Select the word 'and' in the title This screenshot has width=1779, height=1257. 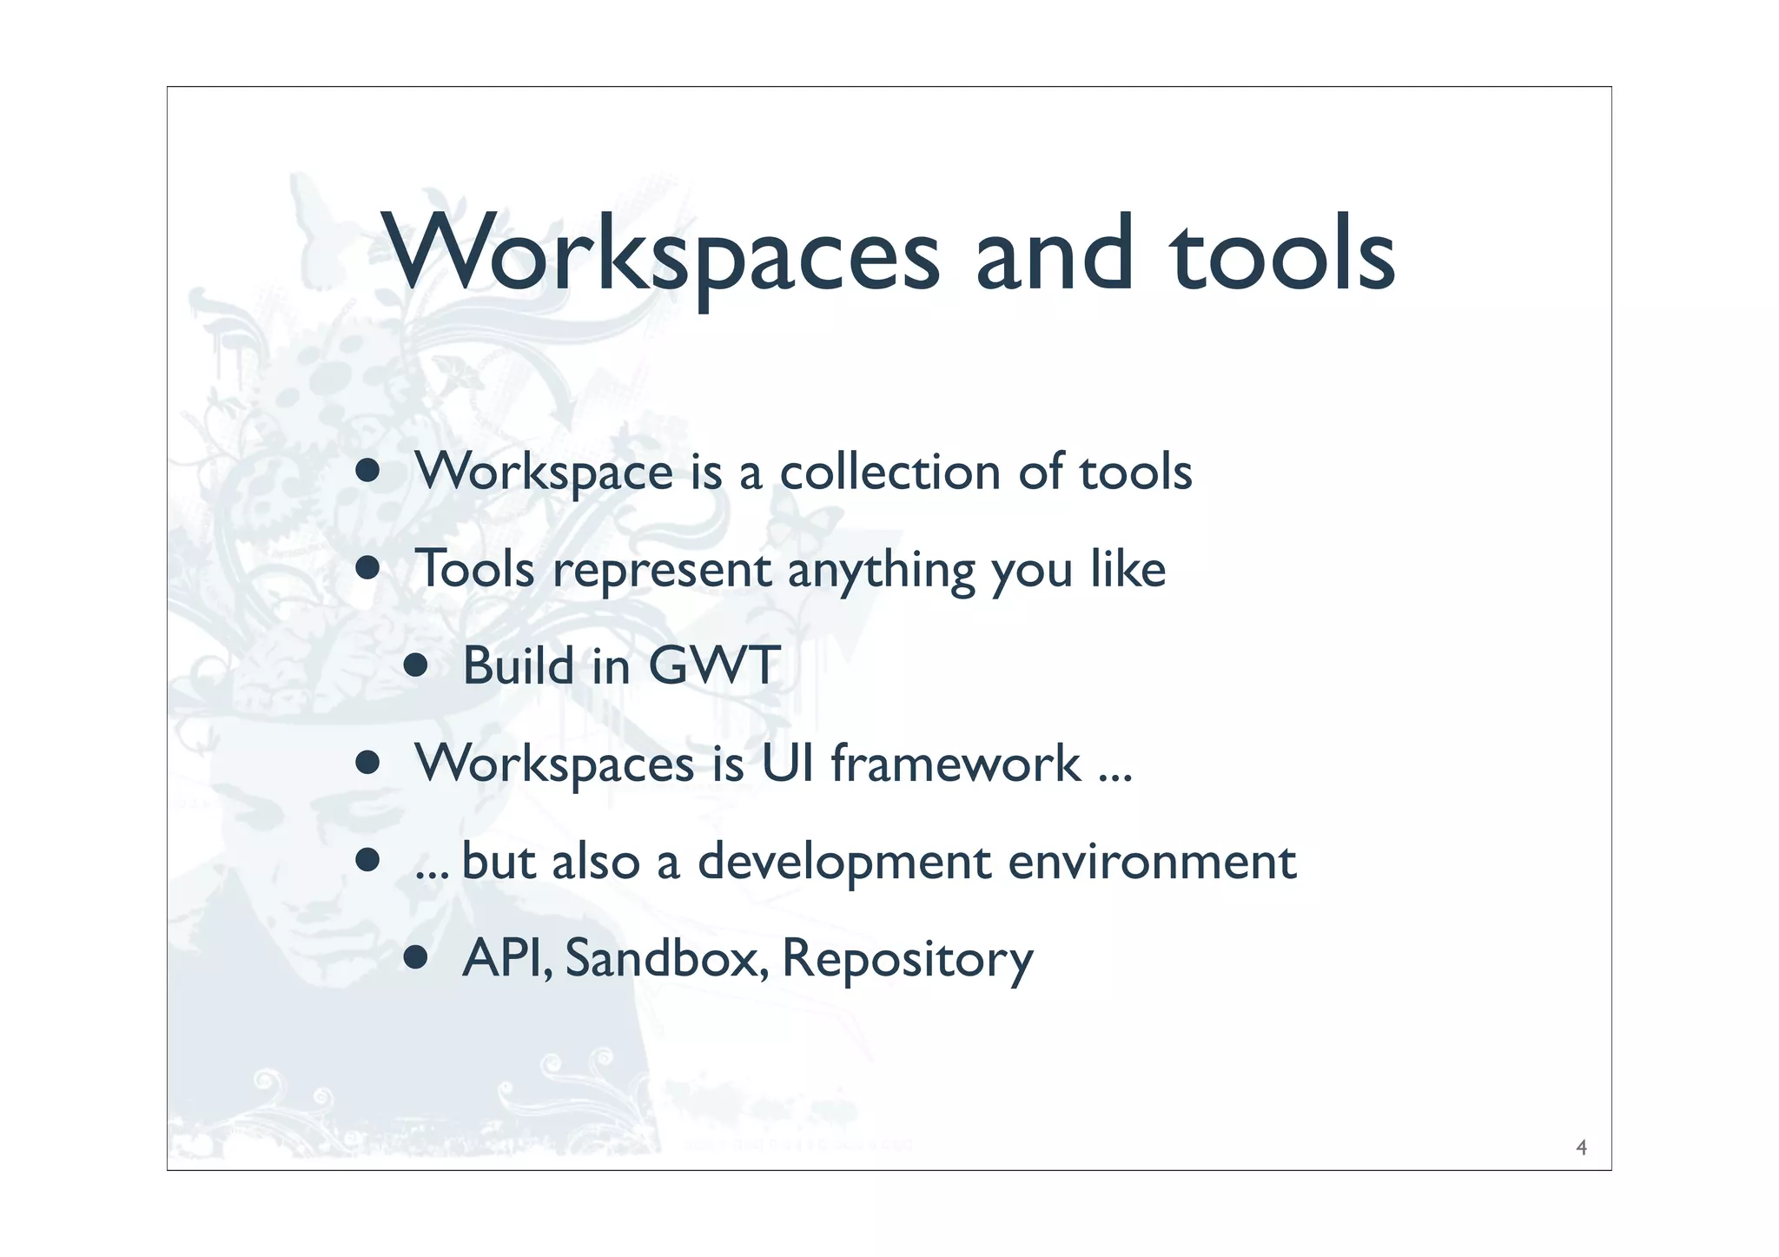1054,254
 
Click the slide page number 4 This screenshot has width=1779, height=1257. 1581,1148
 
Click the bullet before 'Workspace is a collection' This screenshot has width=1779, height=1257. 368,472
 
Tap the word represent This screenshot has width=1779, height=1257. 662,570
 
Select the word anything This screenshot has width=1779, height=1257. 881,572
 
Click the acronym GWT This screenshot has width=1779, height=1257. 714,666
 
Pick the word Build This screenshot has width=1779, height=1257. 518,666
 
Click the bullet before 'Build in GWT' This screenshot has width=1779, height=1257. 416,667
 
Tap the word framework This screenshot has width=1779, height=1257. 956,764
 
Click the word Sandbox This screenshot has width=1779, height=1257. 665,958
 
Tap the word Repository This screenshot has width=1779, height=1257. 908,960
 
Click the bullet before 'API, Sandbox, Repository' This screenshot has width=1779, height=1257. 416,958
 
